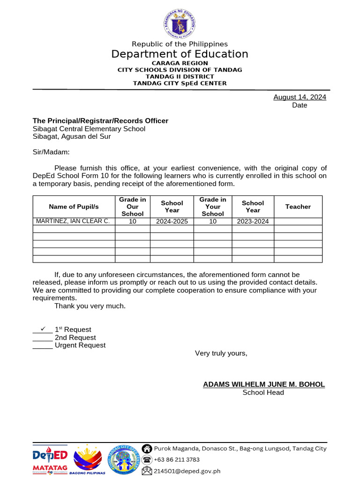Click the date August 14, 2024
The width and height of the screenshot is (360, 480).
(x=300, y=97)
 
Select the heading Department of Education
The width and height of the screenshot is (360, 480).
(x=180, y=54)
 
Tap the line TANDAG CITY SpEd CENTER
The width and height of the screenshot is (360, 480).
(x=180, y=83)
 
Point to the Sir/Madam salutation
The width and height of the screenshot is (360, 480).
(x=51, y=152)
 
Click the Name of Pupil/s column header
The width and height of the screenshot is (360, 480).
(x=74, y=207)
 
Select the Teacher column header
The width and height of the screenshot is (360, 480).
(x=298, y=207)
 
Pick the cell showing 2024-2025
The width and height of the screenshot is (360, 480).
(x=172, y=221)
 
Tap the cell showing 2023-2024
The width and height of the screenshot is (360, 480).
(x=253, y=221)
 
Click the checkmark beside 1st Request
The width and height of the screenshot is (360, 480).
(x=43, y=329)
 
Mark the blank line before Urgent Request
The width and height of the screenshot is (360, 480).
(x=43, y=346)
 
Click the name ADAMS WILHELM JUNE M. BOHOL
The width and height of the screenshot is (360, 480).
(x=263, y=384)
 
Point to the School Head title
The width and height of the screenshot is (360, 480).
(x=263, y=392)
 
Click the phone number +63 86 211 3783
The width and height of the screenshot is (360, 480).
(x=177, y=460)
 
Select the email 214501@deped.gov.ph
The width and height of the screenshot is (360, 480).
(x=187, y=471)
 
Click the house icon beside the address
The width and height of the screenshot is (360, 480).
(x=147, y=449)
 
